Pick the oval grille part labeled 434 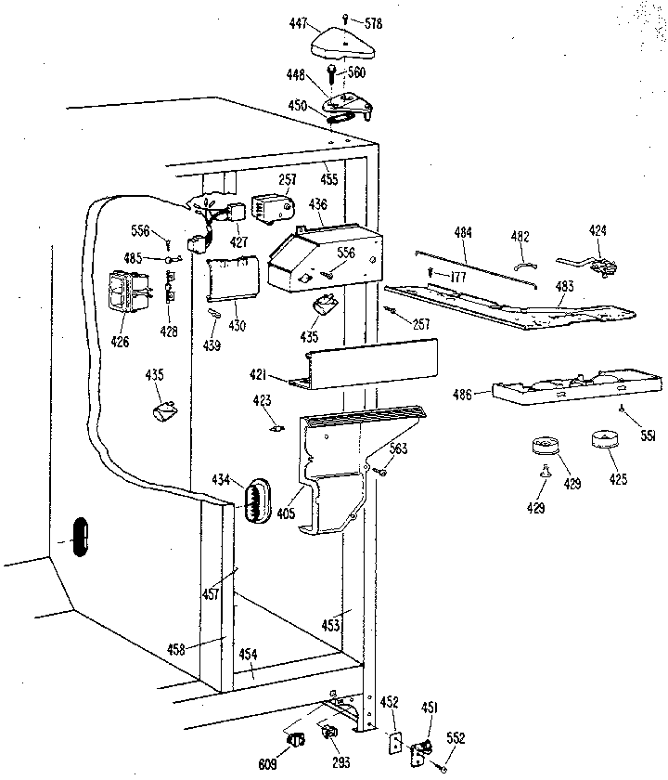(256, 501)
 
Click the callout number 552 (456, 738)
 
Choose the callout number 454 (249, 654)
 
